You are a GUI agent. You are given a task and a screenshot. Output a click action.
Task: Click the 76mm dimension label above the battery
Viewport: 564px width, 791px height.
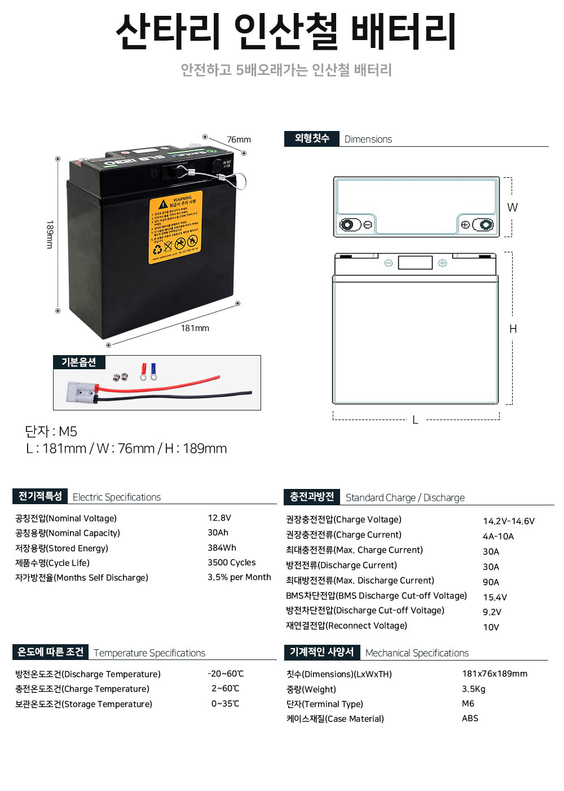(x=239, y=139)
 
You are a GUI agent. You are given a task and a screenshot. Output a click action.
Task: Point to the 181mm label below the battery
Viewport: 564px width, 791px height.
(x=195, y=328)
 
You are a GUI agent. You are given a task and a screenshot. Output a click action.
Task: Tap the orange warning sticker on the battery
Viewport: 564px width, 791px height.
(x=175, y=229)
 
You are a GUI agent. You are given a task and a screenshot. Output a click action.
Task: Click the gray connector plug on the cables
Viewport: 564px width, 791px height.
(x=81, y=391)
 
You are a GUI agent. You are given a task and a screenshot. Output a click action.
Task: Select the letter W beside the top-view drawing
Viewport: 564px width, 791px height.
(x=512, y=207)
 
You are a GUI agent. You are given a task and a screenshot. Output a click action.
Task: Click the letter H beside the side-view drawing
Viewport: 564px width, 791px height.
(x=513, y=329)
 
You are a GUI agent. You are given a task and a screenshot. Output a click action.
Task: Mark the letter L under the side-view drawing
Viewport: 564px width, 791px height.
(x=415, y=420)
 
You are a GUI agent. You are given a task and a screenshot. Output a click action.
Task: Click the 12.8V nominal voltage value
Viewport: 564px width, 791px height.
(x=219, y=518)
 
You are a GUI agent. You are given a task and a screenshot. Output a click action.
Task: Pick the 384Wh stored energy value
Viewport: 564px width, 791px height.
(x=222, y=548)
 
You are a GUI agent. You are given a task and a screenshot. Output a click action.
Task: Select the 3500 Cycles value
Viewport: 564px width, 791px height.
(x=231, y=562)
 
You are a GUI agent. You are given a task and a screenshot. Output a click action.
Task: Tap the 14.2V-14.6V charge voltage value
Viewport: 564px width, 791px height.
(x=508, y=521)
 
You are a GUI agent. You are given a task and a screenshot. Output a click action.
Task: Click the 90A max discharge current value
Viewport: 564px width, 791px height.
(x=491, y=582)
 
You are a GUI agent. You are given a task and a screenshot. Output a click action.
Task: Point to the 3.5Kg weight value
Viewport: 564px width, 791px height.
(x=473, y=689)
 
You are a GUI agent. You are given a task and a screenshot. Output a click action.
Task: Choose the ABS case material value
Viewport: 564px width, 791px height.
(x=470, y=718)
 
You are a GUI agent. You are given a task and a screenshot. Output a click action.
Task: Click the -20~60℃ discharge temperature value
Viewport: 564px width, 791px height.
(x=226, y=674)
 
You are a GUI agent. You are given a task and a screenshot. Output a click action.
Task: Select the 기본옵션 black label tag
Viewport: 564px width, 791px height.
(x=79, y=362)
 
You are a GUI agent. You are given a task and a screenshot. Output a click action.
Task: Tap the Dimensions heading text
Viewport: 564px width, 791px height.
(x=368, y=139)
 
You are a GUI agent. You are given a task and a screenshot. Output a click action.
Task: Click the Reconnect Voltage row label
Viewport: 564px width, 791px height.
(x=346, y=626)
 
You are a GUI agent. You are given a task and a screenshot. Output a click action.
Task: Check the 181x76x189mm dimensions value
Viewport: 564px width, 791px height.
(x=495, y=674)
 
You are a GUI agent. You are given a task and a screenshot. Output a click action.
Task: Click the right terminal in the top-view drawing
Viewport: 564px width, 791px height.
(x=483, y=225)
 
